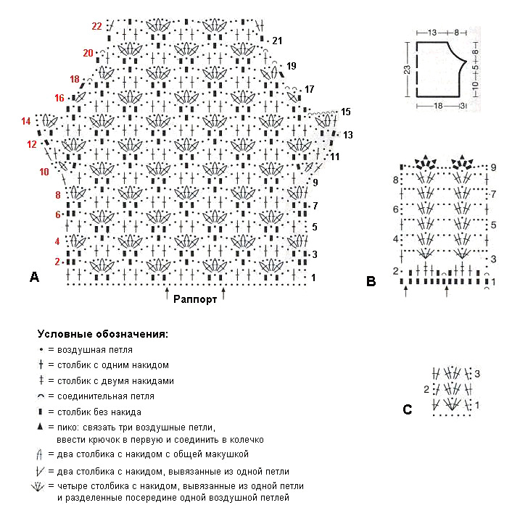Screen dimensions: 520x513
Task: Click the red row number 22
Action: pos(97,26)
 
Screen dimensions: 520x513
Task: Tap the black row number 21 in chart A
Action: pos(277,41)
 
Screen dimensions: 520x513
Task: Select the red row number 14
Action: pos(26,121)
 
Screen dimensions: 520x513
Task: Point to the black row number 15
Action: pos(346,112)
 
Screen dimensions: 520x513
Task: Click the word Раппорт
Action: pos(195,299)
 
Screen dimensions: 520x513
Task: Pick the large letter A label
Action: pos(35,277)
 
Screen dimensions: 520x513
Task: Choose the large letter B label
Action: pos(371,281)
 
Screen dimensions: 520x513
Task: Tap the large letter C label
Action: pos(408,409)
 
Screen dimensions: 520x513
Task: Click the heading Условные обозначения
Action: pos(103,334)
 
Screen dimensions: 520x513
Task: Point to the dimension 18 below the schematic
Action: pos(439,106)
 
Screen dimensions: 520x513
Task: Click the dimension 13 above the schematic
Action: pos(432,33)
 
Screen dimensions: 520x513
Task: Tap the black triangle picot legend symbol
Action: pos(40,426)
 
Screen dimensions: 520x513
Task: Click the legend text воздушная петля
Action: pos(95,350)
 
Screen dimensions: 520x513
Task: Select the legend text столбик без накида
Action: pos(99,412)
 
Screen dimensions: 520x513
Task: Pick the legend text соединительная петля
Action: pos(106,396)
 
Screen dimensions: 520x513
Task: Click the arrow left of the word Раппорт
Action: pos(167,293)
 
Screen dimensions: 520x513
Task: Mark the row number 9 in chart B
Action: pos(493,167)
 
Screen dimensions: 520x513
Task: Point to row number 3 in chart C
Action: pos(477,374)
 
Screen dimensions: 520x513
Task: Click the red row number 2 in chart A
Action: pos(57,262)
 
